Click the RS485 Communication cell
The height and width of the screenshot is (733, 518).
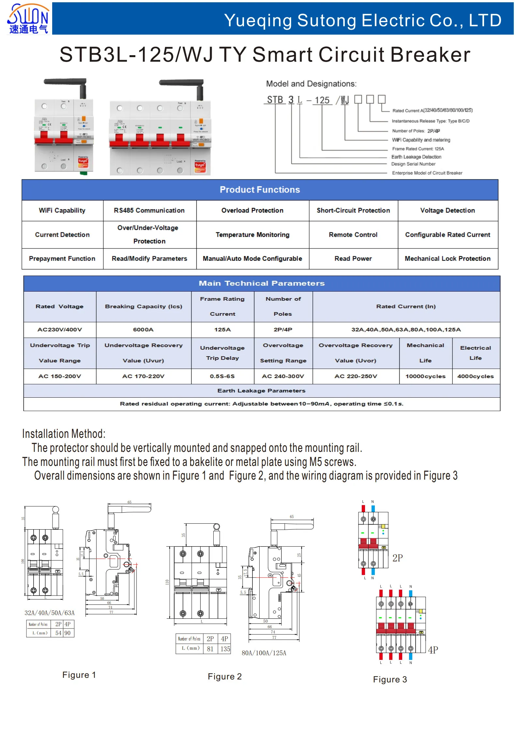point(149,211)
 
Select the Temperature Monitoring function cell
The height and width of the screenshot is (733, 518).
point(252,235)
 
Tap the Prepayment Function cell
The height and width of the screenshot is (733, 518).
point(62,259)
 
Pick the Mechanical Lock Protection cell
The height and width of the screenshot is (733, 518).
point(447,259)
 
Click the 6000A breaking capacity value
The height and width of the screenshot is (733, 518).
point(143,329)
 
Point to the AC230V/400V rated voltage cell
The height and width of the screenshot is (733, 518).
point(60,329)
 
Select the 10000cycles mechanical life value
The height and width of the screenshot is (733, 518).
point(425,376)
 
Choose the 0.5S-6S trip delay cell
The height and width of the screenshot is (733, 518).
point(222,376)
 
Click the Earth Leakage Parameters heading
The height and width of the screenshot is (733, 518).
point(261,390)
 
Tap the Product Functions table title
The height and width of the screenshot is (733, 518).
point(260,190)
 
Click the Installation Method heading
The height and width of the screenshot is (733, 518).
point(64,434)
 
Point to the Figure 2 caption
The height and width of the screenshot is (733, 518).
point(225,677)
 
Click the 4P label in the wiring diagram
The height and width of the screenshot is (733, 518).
point(433,650)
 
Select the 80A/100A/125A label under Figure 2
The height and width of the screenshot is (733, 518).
point(264,653)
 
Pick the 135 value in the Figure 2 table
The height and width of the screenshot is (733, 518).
point(225,649)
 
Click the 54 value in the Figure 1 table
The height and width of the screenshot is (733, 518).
point(58,633)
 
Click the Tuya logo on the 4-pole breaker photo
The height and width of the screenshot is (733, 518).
point(200,165)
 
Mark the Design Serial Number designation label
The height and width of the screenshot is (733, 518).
point(413,164)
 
